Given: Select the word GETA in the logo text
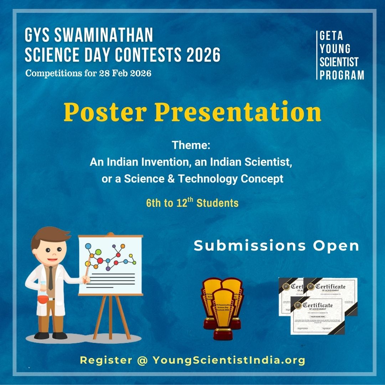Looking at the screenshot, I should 331,36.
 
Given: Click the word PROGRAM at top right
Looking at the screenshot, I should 342,75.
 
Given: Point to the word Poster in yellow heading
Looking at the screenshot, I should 105,112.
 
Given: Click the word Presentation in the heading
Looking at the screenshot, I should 238,112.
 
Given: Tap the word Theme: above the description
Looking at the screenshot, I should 191,145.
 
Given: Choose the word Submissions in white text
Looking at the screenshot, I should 250,246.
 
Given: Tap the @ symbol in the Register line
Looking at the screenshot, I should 142,360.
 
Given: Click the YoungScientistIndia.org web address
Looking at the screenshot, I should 229,360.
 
